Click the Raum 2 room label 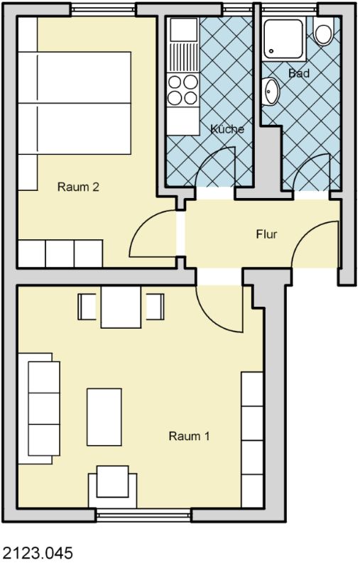pyautogui.click(x=78, y=187)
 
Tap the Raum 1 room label pyautogui.click(x=189, y=436)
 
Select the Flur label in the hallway pyautogui.click(x=266, y=234)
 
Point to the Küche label pyautogui.click(x=227, y=129)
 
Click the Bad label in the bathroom pyautogui.click(x=299, y=73)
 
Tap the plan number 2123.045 pyautogui.click(x=38, y=553)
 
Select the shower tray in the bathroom pyautogui.click(x=283, y=40)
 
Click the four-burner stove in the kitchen pyautogui.click(x=183, y=90)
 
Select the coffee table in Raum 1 pyautogui.click(x=104, y=417)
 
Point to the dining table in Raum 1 pyautogui.click(x=121, y=307)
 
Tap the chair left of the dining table pyautogui.click(x=87, y=307)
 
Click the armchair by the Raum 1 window pyautogui.click(x=113, y=486)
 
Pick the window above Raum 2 pyautogui.click(x=103, y=9)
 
